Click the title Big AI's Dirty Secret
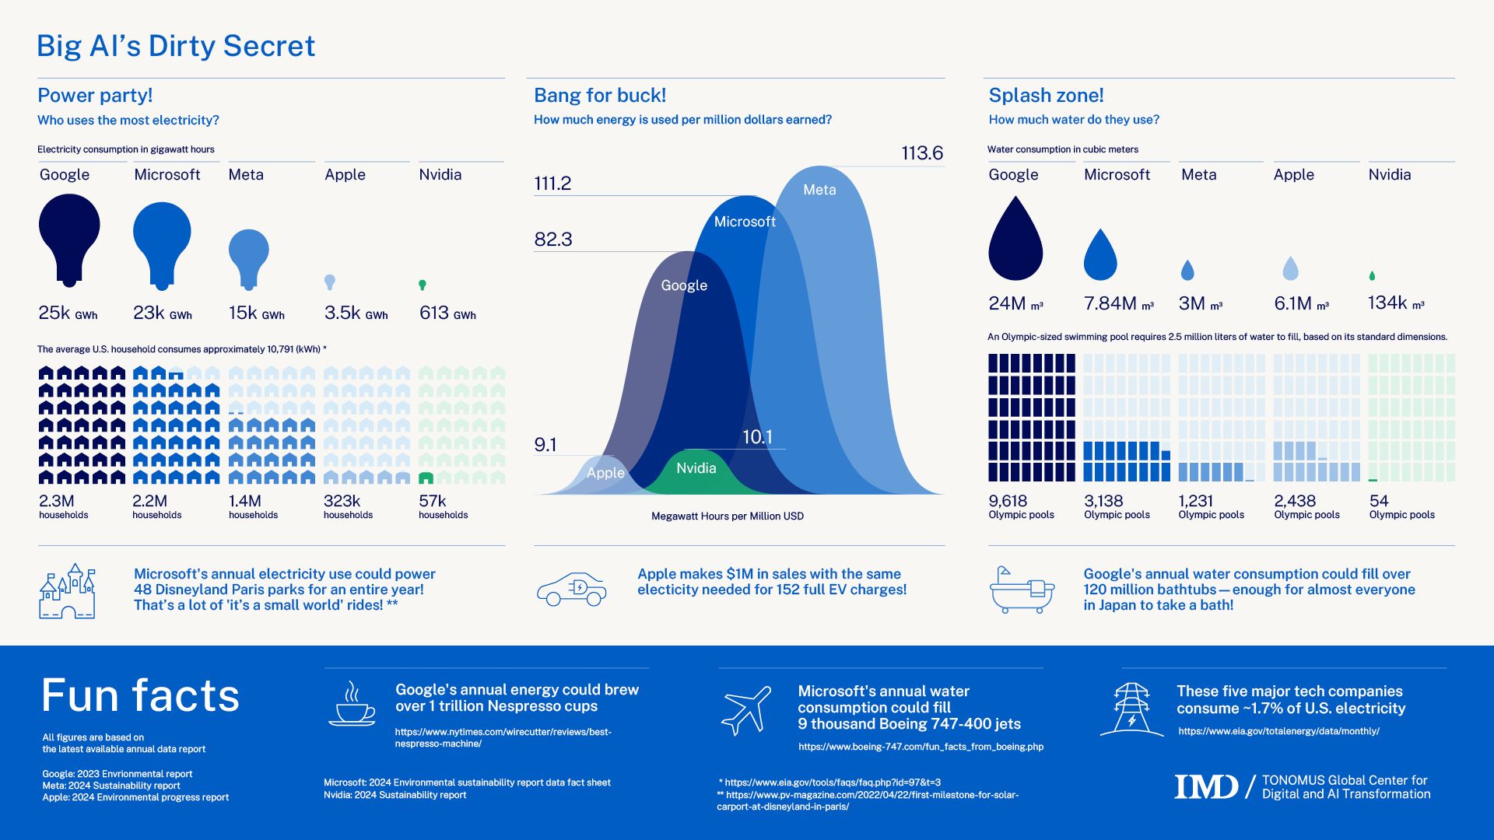176,47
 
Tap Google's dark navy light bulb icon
69,233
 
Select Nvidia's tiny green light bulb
423,285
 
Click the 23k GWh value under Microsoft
162,313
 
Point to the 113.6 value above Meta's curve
922,153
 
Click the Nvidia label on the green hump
696,468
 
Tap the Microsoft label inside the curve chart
745,222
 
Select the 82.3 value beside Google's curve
553,240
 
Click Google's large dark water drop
1015,241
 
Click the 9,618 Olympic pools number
1008,501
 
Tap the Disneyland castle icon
68,592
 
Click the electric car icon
572,590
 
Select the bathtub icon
1022,590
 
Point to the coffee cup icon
352,705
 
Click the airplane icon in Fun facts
746,710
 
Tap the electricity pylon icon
1131,709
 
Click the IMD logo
1205,786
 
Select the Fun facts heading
141,695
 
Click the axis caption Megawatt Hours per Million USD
727,516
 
